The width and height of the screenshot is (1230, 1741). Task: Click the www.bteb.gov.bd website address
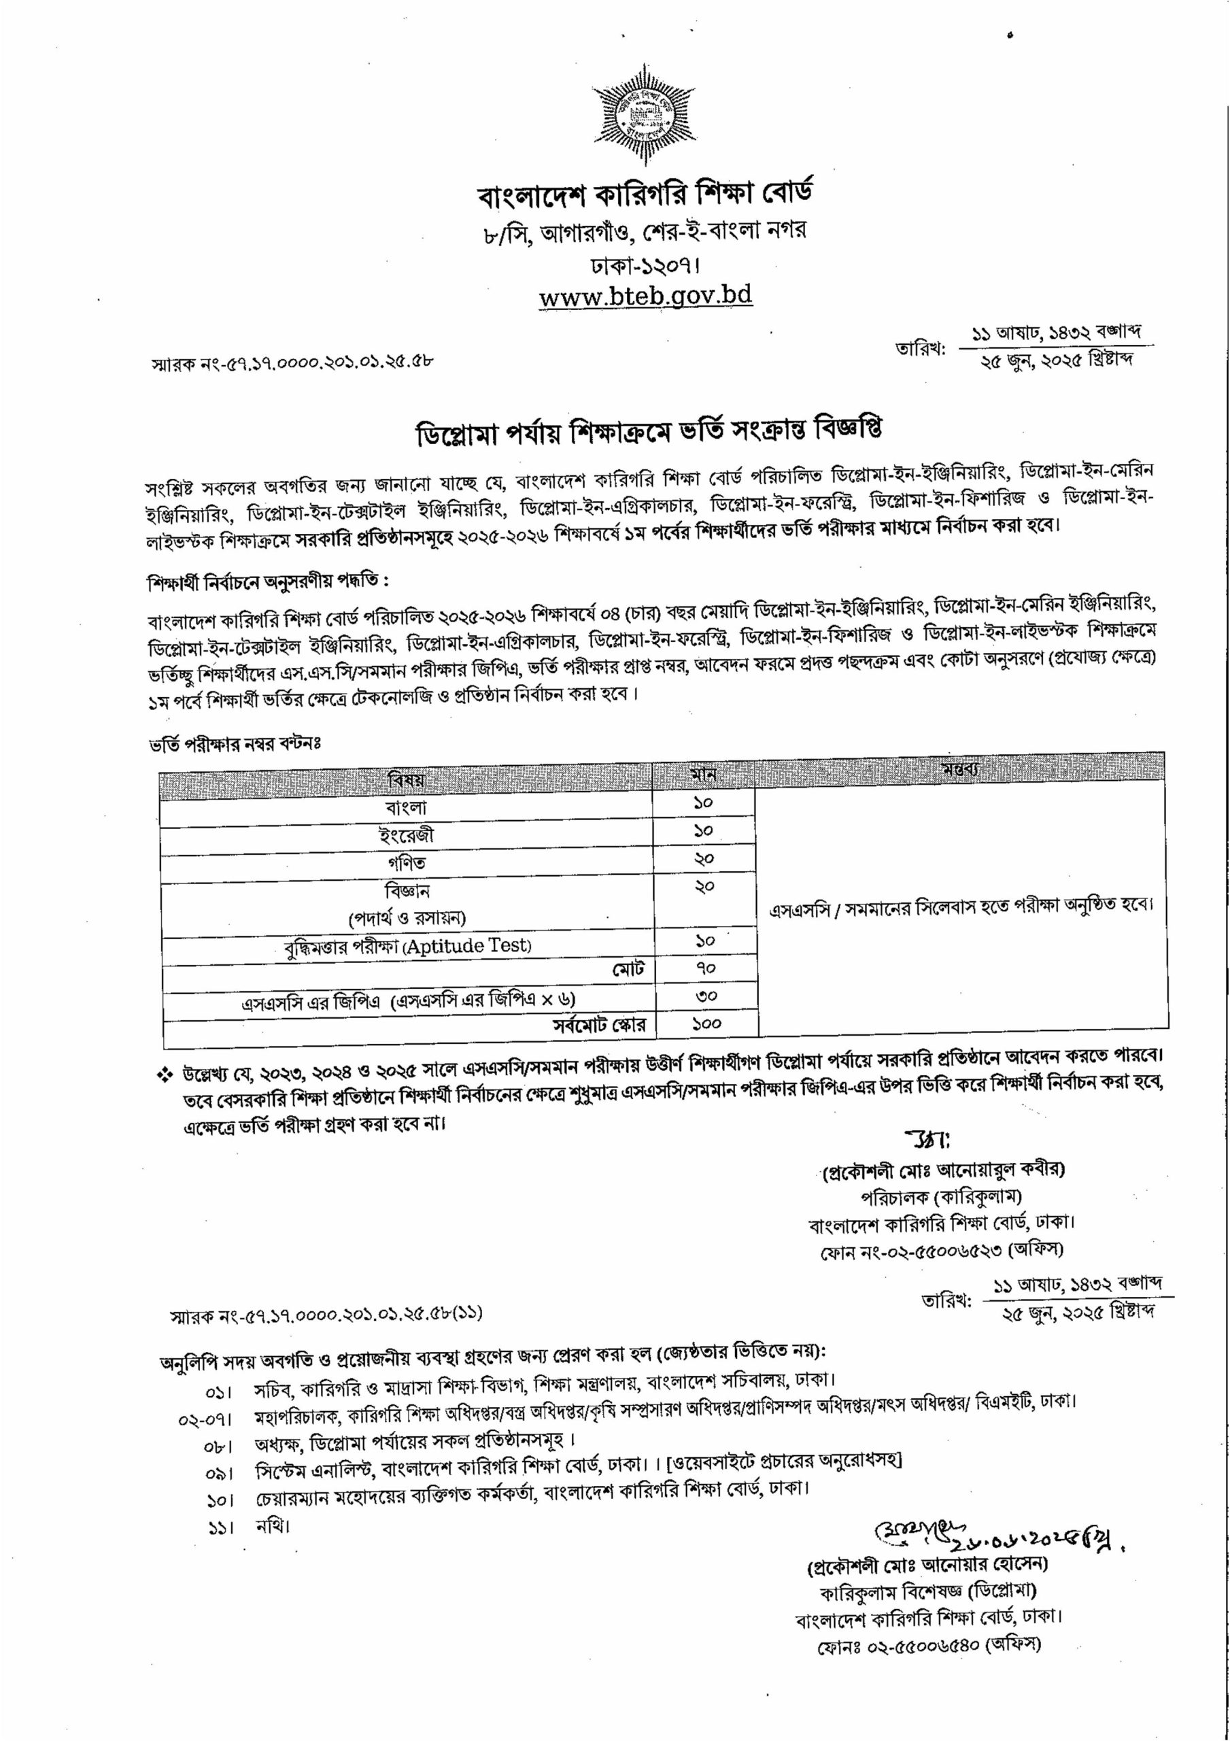click(645, 295)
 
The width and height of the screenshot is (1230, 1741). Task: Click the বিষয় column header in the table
click(407, 778)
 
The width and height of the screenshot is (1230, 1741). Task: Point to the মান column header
click(703, 776)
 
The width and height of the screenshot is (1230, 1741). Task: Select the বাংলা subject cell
click(407, 807)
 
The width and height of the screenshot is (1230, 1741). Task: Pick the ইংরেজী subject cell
click(407, 835)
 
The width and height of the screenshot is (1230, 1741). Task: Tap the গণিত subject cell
click(407, 862)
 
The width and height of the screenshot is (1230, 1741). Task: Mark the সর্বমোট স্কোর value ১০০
click(705, 1024)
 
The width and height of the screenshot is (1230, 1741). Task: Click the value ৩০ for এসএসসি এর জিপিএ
click(705, 996)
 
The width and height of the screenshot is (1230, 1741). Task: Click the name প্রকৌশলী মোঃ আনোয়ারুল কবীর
click(942, 1191)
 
